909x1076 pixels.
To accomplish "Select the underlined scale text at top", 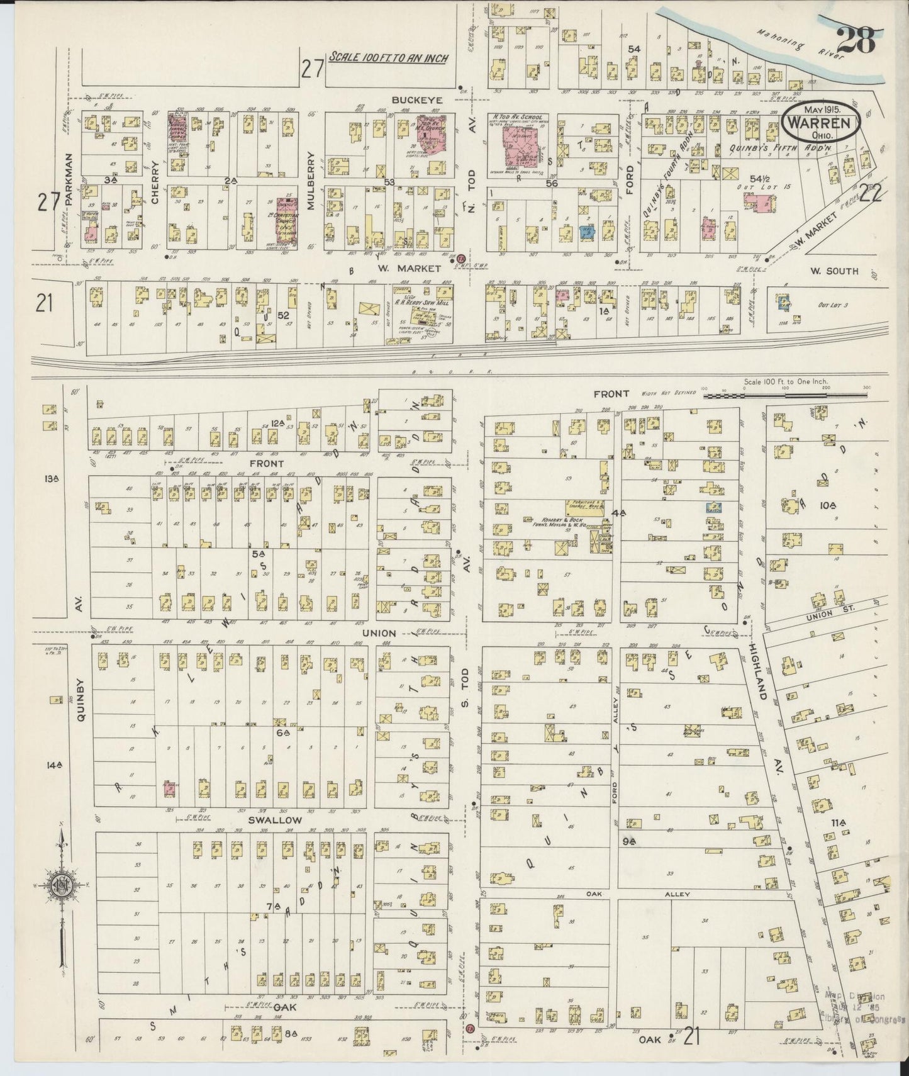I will coord(389,59).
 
